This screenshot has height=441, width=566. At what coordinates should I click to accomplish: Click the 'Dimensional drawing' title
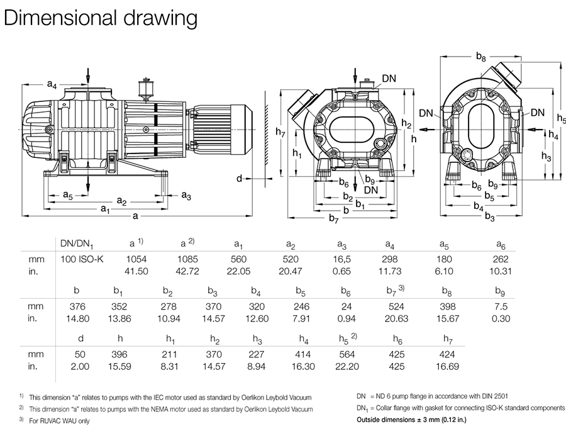coord(101,18)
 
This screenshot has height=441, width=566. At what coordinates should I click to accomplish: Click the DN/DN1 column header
coord(76,243)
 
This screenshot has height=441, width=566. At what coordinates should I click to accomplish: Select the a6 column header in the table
coord(500,243)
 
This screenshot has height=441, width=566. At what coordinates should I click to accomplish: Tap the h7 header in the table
coord(448,340)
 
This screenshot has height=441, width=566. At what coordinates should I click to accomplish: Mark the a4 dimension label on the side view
coord(53,84)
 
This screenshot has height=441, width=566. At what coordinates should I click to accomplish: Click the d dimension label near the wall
coord(239,179)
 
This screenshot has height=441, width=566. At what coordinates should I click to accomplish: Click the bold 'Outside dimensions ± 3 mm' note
coord(420,419)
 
